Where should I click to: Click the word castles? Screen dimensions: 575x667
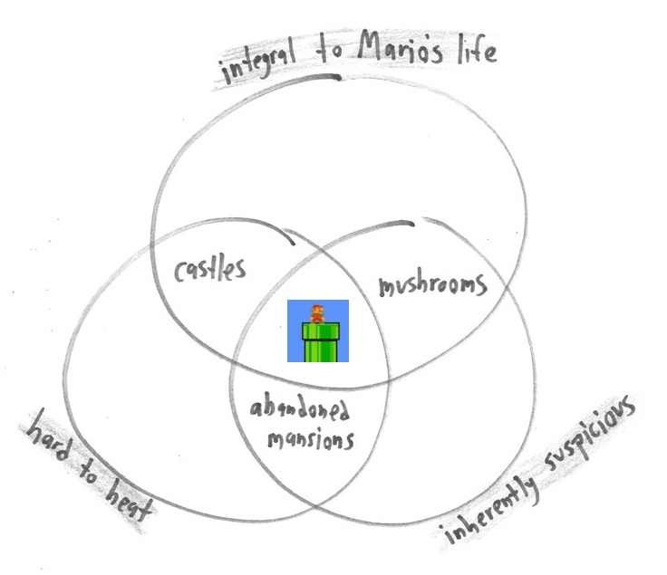pyautogui.click(x=209, y=268)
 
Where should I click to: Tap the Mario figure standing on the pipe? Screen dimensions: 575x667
pyautogui.click(x=316, y=314)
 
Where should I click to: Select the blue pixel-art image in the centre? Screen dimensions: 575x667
pyautogui.click(x=318, y=331)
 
